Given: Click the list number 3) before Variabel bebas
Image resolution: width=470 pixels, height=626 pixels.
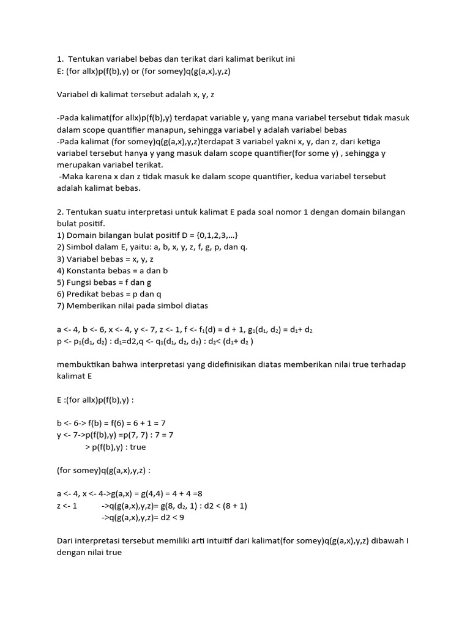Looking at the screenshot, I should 61,259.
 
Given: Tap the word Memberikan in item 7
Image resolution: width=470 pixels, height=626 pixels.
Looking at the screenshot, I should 94,306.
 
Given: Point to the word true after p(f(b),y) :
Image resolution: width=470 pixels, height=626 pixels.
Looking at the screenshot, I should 138,447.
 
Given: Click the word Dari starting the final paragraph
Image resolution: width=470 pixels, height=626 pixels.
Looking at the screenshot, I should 65,541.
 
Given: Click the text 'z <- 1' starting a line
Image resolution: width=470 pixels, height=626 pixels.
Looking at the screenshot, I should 67,506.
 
